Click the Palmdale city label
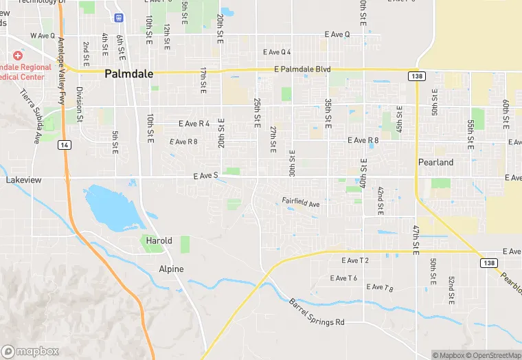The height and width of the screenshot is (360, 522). (128, 74)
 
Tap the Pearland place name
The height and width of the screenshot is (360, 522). (436, 162)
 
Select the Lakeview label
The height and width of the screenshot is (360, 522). (24, 179)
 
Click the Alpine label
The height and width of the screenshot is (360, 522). (171, 269)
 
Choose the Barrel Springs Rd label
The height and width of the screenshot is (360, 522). (316, 313)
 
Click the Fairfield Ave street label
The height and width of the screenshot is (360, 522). (301, 204)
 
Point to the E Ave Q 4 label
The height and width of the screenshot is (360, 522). (277, 52)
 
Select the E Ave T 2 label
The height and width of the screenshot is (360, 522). (355, 260)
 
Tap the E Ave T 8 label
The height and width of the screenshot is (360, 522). (380, 287)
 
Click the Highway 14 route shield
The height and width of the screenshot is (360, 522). (64, 145)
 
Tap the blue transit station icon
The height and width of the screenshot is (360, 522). (120, 16)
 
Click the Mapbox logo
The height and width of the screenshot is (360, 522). (32, 350)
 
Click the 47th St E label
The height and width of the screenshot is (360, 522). (416, 237)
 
